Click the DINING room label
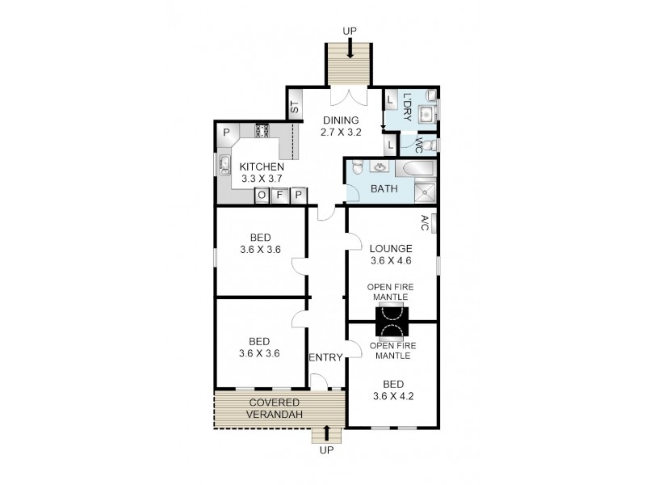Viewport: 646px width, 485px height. (x=341, y=126)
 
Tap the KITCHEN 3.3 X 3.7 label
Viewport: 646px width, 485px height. (x=262, y=173)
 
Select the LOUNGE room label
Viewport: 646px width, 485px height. (x=391, y=255)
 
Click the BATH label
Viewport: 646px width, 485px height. (x=384, y=189)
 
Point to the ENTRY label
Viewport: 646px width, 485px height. (x=326, y=357)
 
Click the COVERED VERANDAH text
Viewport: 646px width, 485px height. (x=275, y=409)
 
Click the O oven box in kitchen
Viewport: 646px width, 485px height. (x=262, y=195)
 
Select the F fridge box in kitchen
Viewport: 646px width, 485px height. (x=279, y=195)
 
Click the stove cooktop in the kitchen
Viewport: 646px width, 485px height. (x=262, y=131)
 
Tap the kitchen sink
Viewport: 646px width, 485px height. (x=225, y=165)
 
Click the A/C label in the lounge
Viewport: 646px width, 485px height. (x=426, y=223)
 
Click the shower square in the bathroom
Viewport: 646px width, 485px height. (x=425, y=192)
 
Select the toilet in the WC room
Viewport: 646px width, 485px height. (x=430, y=145)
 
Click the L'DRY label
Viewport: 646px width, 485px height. (x=407, y=108)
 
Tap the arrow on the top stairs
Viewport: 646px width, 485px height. (x=350, y=48)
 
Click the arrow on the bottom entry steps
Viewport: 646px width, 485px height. (x=327, y=433)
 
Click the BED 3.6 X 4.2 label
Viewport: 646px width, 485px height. (x=393, y=390)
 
